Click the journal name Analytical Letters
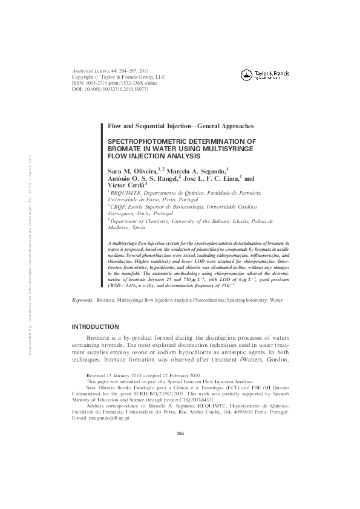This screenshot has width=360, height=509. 92,71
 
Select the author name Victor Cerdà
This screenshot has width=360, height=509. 124,185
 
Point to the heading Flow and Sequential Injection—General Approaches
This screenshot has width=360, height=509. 180,126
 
